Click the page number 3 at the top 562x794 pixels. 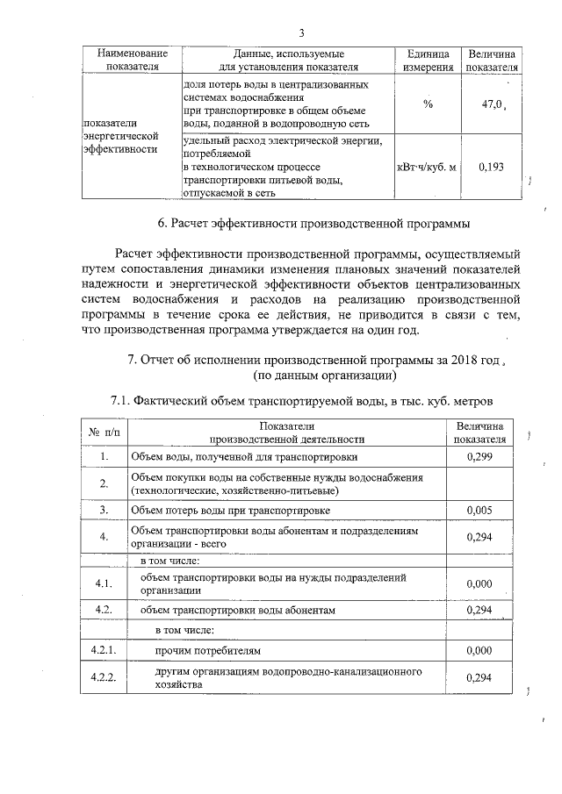[300, 33]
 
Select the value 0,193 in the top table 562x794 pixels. [491, 167]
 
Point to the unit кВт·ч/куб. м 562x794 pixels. [428, 167]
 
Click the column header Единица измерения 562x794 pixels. [429, 60]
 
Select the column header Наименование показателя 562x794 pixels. [129, 60]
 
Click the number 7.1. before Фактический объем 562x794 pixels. [124, 400]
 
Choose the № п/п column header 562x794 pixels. [104, 433]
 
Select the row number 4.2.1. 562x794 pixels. [104, 651]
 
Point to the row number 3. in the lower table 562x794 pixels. [104, 509]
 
